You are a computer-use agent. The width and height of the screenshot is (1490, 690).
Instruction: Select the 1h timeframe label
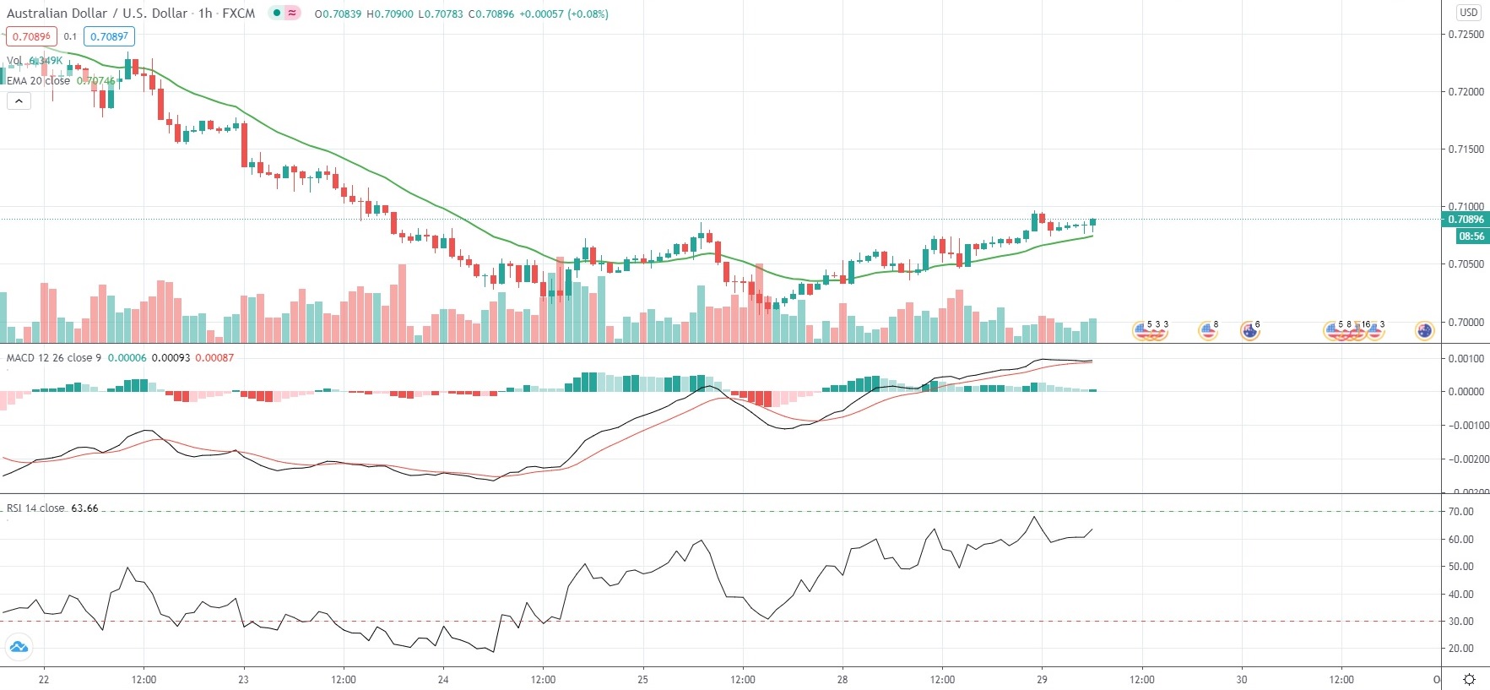pyautogui.click(x=205, y=14)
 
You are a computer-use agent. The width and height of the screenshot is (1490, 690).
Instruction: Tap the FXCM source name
pyautogui.click(x=239, y=14)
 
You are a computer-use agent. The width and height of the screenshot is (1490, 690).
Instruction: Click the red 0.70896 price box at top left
pyautogui.click(x=31, y=36)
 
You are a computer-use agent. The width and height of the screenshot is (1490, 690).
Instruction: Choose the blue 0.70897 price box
pyautogui.click(x=109, y=36)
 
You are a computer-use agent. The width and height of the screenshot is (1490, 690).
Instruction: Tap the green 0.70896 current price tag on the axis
pyautogui.click(x=1466, y=220)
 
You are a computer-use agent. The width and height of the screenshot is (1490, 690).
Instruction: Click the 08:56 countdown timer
pyautogui.click(x=1471, y=236)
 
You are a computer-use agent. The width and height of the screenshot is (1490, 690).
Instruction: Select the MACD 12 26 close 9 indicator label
pyautogui.click(x=53, y=358)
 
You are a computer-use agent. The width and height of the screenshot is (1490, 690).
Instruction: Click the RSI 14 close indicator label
pyautogui.click(x=35, y=508)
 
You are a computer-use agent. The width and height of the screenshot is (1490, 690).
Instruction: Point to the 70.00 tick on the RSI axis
pyautogui.click(x=1460, y=512)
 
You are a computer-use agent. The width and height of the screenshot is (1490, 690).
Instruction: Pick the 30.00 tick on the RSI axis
pyautogui.click(x=1460, y=622)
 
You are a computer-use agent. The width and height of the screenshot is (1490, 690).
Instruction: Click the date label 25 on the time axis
pyautogui.click(x=642, y=680)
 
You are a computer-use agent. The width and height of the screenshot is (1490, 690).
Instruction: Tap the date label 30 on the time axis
pyautogui.click(x=1241, y=680)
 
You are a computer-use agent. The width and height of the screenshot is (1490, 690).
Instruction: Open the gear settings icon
pyautogui.click(x=1469, y=680)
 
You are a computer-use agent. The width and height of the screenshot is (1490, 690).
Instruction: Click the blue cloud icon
pyautogui.click(x=18, y=648)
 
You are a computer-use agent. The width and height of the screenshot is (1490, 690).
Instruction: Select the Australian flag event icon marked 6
pyautogui.click(x=1249, y=331)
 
